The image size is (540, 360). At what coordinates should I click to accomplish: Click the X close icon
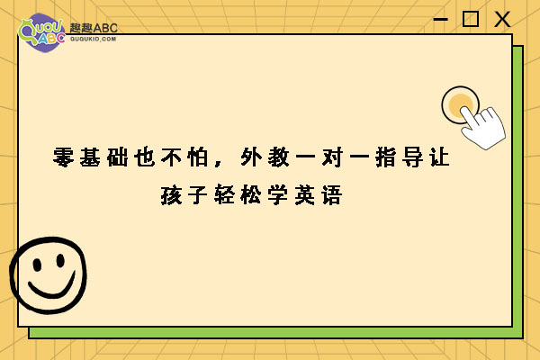click(x=502, y=19)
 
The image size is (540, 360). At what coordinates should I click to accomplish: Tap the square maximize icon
click(x=470, y=19)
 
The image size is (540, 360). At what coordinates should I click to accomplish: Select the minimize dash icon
click(x=440, y=19)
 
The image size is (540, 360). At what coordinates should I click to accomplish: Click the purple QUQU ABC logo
click(x=41, y=32)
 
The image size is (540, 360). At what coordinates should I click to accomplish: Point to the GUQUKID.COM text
click(x=93, y=39)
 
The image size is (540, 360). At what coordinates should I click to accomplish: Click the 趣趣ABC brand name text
click(x=94, y=28)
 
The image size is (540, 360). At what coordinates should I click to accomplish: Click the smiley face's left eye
click(x=37, y=265)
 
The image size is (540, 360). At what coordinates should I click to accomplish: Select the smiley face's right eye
click(x=60, y=260)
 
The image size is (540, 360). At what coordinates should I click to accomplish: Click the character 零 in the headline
click(x=63, y=157)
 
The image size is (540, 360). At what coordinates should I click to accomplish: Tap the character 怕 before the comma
click(x=198, y=157)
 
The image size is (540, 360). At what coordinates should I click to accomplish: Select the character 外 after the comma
click(x=251, y=157)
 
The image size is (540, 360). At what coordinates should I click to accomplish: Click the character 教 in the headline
click(x=278, y=157)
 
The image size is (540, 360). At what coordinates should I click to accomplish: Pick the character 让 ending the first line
click(x=439, y=157)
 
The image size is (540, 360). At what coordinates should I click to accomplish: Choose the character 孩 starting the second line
click(x=171, y=195)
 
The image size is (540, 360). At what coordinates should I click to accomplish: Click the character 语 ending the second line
click(x=332, y=195)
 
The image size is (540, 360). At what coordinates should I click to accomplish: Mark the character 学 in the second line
click(x=278, y=195)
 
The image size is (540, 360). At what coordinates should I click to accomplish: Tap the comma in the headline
click(x=218, y=163)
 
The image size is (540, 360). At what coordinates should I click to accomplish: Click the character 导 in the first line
click(x=412, y=157)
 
